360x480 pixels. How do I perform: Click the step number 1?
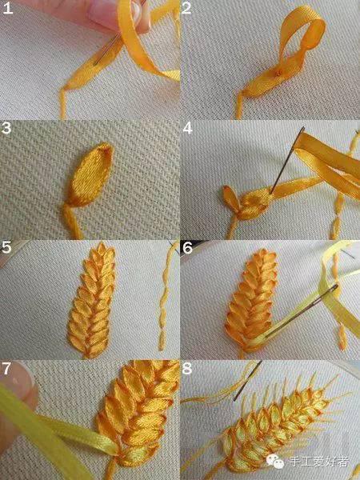(8, 8)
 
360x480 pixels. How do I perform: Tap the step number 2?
(186, 8)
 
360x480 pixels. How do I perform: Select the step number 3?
(6, 128)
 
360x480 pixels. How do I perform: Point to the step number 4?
(187, 128)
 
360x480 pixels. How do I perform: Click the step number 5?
(6, 247)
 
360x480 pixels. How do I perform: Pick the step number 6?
(187, 247)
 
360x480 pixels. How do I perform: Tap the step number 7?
(6, 369)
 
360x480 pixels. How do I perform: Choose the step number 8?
(187, 369)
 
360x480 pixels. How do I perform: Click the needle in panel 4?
(287, 160)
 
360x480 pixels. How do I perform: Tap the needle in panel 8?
(248, 381)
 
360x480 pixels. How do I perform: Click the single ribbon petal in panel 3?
(89, 174)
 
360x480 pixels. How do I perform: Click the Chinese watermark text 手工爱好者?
(318, 462)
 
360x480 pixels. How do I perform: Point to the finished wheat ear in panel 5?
(91, 300)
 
